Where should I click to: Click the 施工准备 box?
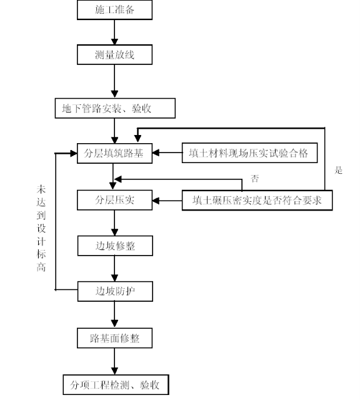tap(114, 10)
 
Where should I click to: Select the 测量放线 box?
tap(114, 54)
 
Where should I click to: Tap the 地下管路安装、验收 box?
tap(115, 108)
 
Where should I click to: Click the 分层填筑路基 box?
tap(114, 153)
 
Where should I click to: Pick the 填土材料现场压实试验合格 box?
tap(249, 152)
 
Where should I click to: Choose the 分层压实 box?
tap(114, 200)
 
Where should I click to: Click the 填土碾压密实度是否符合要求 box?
tap(257, 200)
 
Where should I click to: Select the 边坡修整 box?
tap(115, 246)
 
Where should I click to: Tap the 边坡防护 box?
tap(115, 291)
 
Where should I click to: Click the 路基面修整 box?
tap(114, 338)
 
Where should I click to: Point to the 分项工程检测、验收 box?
tap(116, 385)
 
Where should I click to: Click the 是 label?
tap(338, 170)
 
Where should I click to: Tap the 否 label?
tap(254, 178)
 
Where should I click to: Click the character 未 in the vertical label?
tap(41, 189)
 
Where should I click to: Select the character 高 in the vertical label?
tap(41, 267)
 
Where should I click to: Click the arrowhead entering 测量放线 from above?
tap(114, 42)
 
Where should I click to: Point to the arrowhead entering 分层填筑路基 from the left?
tap(74, 153)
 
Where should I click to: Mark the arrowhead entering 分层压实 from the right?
tap(156, 201)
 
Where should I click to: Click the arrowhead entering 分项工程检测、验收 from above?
tap(114, 371)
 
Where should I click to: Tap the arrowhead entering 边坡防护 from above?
tap(114, 278)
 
